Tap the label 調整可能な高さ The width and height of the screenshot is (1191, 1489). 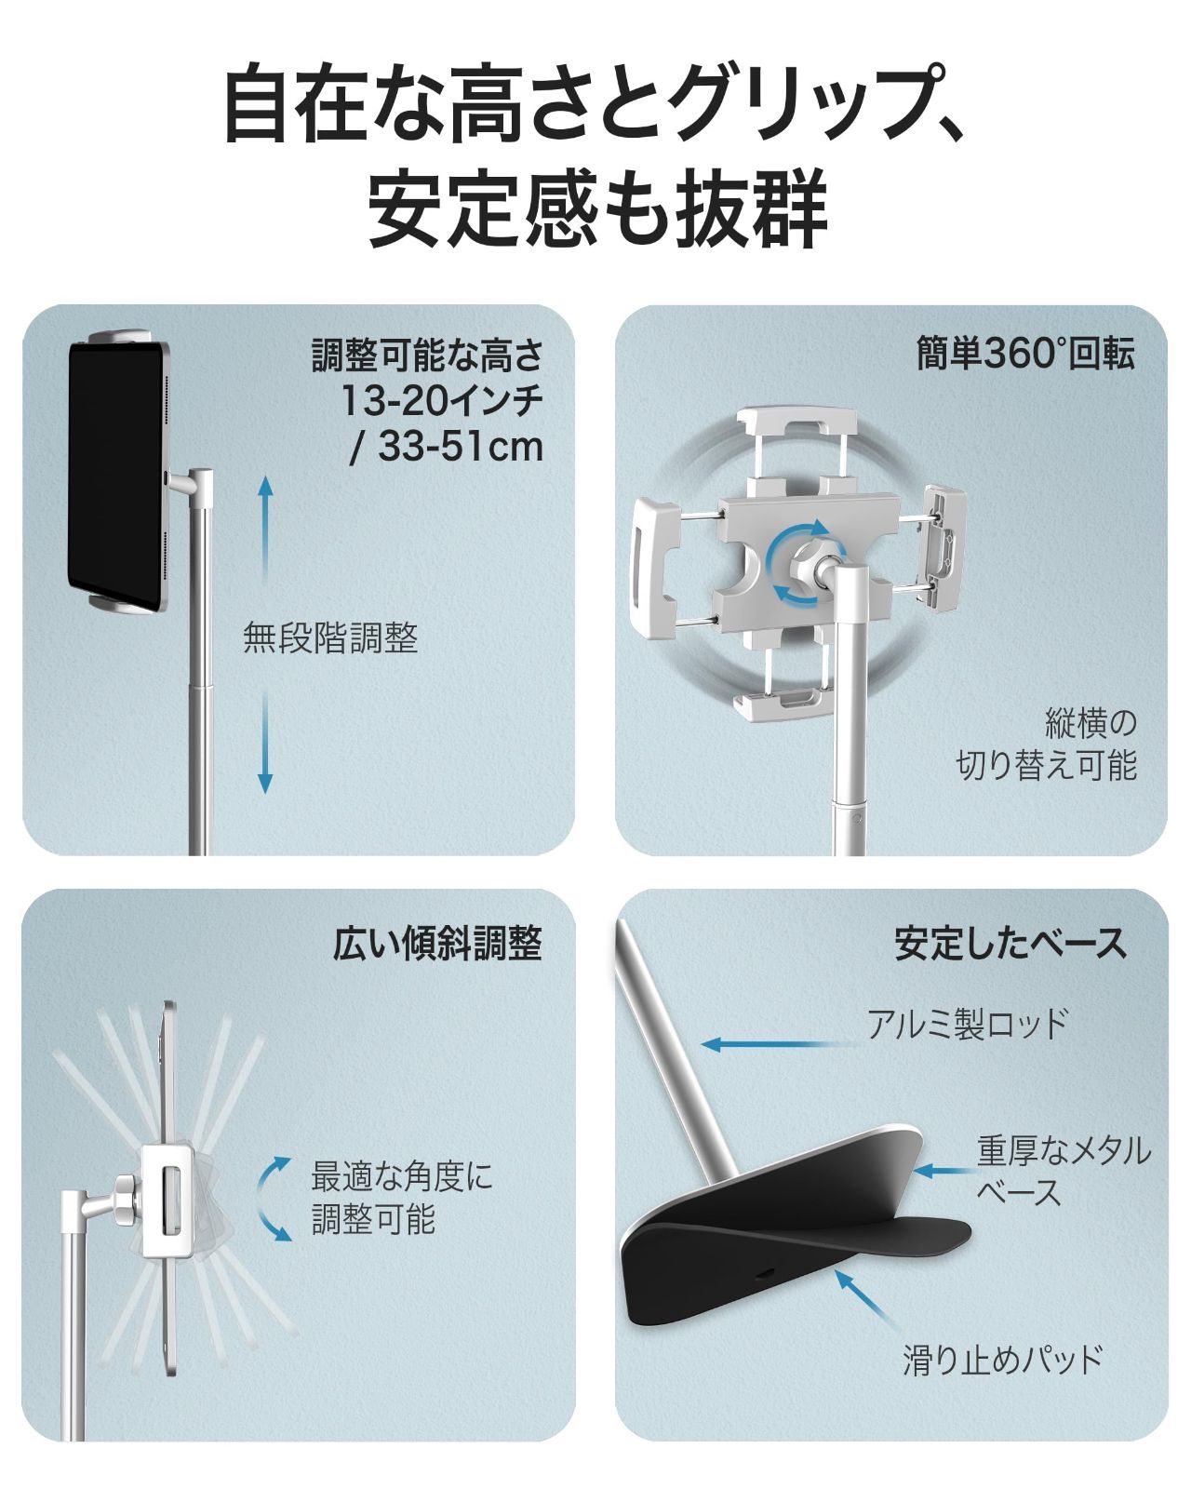427,355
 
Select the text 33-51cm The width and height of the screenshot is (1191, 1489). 461,447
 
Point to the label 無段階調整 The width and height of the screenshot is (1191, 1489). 330,637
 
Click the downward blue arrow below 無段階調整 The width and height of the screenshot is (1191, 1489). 265,742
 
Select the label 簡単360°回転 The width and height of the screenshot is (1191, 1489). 1025,354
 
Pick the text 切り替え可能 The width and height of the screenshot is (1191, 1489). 1047,765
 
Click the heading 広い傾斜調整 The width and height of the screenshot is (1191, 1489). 437,944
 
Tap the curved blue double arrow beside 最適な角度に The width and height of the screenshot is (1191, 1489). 274,1198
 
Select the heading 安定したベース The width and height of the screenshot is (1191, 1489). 1010,943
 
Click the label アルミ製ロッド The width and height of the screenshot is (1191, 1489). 968,1024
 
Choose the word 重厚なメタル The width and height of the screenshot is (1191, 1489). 1064,1149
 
